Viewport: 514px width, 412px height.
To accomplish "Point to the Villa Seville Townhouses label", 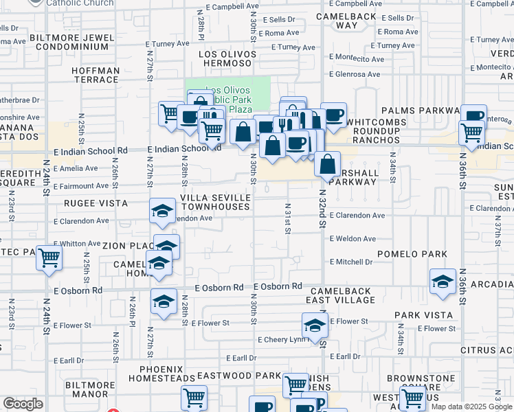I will point(215,203).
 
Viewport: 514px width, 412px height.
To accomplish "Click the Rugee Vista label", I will point(96,203).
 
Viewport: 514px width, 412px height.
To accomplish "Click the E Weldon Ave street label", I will point(353,239).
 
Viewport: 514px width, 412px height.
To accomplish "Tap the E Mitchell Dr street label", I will point(350,262).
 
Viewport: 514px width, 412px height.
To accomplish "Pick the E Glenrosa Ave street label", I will point(355,75).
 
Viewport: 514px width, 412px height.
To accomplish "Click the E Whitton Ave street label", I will point(78,244).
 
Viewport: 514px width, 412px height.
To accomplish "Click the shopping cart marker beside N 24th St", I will point(49,258).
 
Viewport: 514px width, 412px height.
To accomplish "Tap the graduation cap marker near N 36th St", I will point(443,281).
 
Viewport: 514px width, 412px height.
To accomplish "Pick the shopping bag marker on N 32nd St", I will point(328,164).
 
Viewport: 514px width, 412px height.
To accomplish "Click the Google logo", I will point(23,404).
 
